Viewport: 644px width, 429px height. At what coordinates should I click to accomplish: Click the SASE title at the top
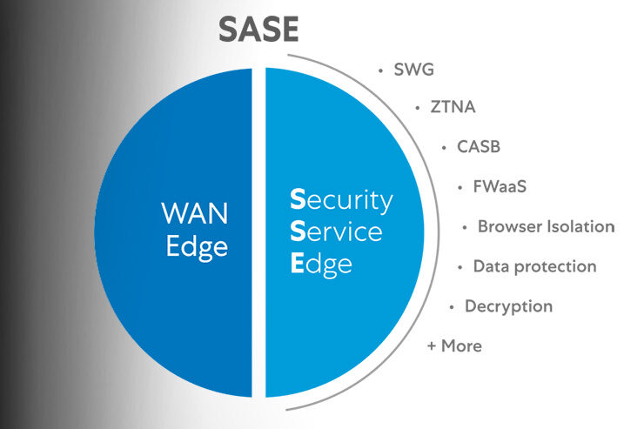(258, 29)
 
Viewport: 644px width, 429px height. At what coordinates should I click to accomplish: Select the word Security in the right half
(341, 201)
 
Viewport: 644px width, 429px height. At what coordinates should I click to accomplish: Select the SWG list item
(414, 70)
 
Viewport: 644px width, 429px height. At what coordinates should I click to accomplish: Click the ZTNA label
(453, 108)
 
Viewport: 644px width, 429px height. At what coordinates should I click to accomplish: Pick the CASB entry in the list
(479, 146)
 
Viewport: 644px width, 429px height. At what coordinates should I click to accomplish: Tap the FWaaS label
(493, 187)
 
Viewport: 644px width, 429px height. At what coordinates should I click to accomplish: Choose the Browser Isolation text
(546, 226)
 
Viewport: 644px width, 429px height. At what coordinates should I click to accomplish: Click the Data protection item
(534, 266)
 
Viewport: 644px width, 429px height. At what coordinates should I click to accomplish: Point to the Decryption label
(508, 306)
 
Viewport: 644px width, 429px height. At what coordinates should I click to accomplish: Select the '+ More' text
(453, 345)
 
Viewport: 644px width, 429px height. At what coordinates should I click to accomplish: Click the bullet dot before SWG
(380, 70)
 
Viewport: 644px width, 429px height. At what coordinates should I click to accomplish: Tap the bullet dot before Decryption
(452, 306)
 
